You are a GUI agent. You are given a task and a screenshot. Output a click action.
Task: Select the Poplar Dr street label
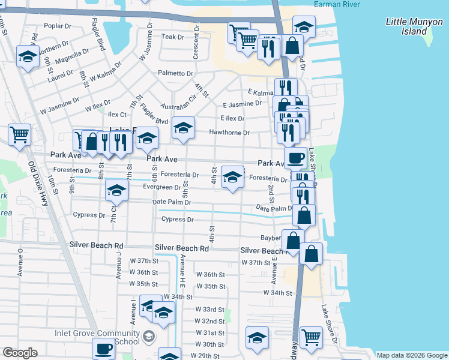click(58, 26)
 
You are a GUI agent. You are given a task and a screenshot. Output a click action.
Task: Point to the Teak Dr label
click(172, 37)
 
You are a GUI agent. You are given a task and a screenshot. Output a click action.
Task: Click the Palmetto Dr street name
click(175, 73)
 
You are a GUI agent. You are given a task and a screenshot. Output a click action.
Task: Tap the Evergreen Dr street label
click(161, 188)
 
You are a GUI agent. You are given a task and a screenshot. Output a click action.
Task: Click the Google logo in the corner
click(20, 353)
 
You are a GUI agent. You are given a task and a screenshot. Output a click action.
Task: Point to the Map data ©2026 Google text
click(412, 355)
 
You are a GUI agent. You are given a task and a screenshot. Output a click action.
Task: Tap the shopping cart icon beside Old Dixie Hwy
click(20, 134)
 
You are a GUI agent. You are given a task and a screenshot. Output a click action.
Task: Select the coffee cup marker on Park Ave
click(295, 158)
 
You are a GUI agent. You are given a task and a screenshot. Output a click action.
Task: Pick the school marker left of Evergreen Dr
click(116, 191)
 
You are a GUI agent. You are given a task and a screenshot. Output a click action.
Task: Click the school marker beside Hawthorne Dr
click(184, 127)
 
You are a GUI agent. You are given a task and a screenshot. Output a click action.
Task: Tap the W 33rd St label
click(209, 309)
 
